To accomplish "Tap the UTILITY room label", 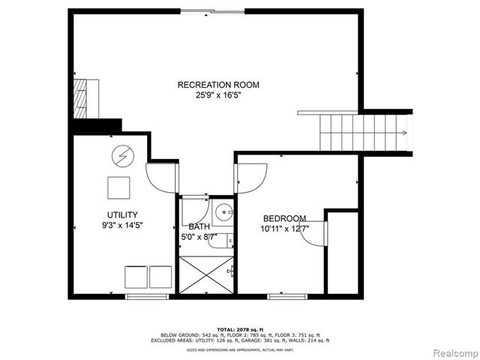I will point(117,214).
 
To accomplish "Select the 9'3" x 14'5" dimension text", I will point(117,225).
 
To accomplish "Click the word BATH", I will point(199,226).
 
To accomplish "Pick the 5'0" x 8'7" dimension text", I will point(199,237).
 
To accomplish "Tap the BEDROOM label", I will point(283,218).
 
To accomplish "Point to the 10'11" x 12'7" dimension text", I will point(284,229).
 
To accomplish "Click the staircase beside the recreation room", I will point(364,133).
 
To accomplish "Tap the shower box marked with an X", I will point(206,275).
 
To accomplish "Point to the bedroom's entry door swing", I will point(252,177).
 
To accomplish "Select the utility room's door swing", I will point(161,177).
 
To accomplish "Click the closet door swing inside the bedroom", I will point(313,232).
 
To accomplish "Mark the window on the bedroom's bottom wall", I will point(287,297).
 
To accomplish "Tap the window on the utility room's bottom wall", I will point(146,297).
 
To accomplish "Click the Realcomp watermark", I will point(452,352).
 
